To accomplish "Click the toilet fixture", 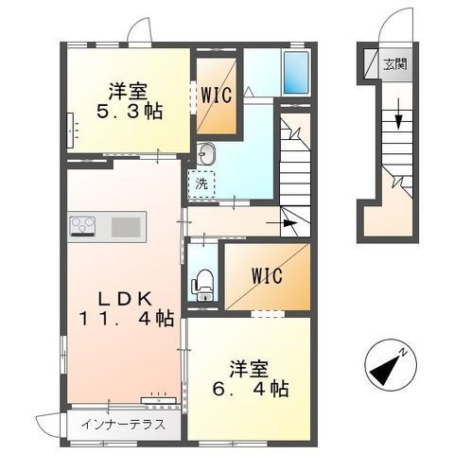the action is (x=202, y=285).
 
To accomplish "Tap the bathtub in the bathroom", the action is (x=296, y=72).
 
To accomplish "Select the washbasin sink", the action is (x=206, y=153).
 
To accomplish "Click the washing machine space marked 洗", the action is (x=201, y=183).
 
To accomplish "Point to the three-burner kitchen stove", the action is (x=82, y=226).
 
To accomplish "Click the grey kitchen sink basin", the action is (x=126, y=227).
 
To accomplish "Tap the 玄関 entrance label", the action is (x=395, y=64).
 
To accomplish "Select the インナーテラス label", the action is (x=123, y=425).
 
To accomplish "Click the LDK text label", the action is (x=125, y=300).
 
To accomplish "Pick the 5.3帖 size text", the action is (x=130, y=112).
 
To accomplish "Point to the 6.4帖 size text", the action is (x=251, y=389).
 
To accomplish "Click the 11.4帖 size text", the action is (x=126, y=319).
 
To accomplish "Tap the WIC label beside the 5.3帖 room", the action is (x=217, y=95).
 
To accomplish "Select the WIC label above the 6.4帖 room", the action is (x=267, y=276).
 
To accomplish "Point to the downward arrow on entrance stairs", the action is (x=399, y=113).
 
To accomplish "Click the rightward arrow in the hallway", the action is (x=282, y=223).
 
